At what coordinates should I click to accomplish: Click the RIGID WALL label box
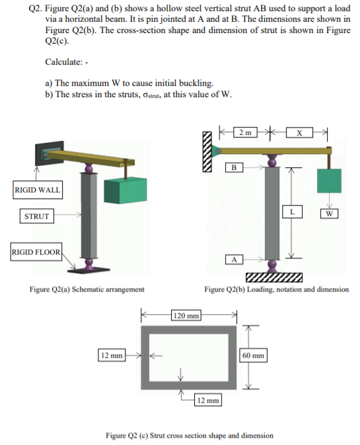pos(37,190)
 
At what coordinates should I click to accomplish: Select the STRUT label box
pos(36,216)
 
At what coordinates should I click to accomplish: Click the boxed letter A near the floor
pos(232,259)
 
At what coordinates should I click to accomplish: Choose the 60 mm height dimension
pos(254,355)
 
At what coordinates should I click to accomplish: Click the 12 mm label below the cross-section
pos(208,400)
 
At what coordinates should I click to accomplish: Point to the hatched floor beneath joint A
pos(273,276)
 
